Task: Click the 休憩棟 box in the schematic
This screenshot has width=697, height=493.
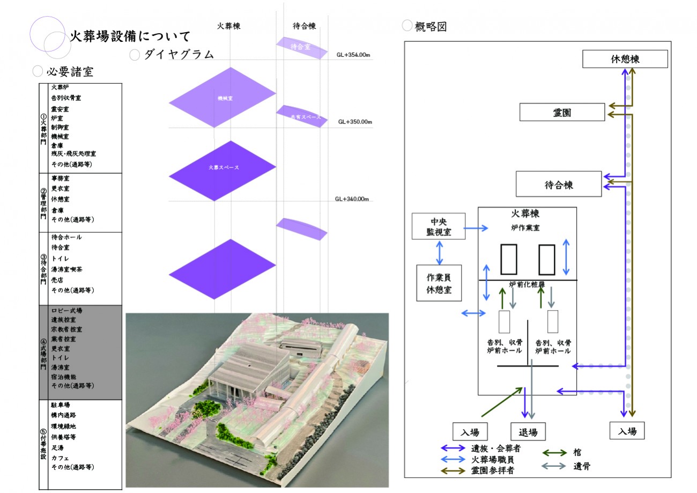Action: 625,59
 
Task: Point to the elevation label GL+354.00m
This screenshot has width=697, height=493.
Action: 354,55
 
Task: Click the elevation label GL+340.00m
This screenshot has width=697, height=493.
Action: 352,199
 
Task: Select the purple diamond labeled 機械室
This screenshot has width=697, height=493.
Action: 222,97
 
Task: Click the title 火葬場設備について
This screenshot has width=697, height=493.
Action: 130,36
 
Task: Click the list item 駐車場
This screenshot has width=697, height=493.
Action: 61,405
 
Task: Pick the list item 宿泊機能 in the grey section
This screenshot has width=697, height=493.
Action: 64,377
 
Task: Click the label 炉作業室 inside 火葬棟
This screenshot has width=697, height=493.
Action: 525,227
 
